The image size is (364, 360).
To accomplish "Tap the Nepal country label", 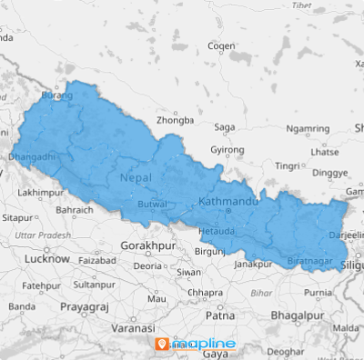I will coord(136,179).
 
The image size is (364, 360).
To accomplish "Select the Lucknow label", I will coord(48,259).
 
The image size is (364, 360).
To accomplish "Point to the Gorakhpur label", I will coord(150,246).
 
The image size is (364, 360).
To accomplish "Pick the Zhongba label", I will coord(175,120).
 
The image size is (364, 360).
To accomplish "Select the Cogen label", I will coord(221,45).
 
